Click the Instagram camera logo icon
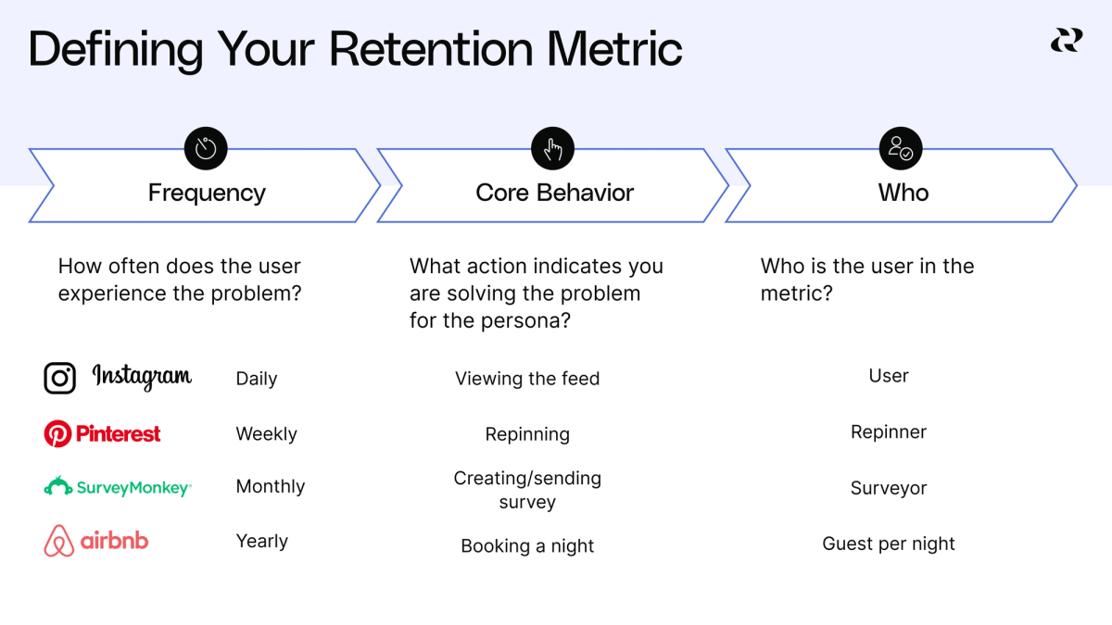pos(60,378)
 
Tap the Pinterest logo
pos(103,433)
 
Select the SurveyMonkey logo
pos(118,487)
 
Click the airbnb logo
pos(96,542)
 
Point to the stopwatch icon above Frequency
pos(206,149)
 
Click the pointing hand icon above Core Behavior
pos(553,149)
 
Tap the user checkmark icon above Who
pos(901,149)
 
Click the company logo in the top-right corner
pos(1066,40)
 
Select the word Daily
pos(257,379)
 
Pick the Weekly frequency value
pos(266,434)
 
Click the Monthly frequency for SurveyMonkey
pos(270,487)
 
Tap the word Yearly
pos(261,542)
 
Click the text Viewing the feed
pos(527,379)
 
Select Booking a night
pos(527,546)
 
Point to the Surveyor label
pos(889,489)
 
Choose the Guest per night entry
pos(889,544)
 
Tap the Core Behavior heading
pos(554,193)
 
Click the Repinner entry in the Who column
pos(889,432)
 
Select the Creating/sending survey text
pos(527,490)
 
